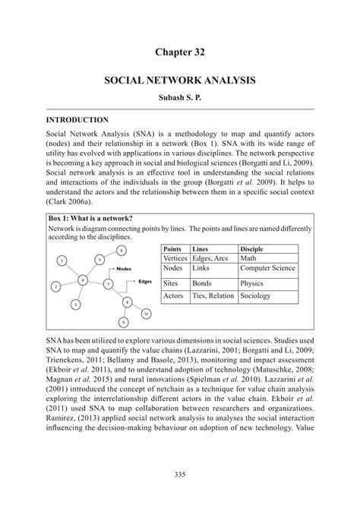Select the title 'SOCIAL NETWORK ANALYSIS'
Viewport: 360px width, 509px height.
tap(180, 80)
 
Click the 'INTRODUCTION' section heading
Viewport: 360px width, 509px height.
tap(77, 120)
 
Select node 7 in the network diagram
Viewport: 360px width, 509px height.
tap(109, 283)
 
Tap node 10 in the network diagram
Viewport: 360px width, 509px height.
tap(146, 313)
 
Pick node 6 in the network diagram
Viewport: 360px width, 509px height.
tap(122, 250)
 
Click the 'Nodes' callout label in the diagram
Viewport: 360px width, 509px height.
tap(125, 269)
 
